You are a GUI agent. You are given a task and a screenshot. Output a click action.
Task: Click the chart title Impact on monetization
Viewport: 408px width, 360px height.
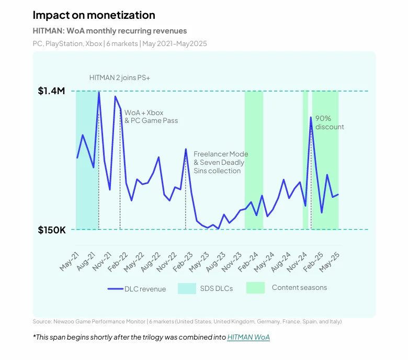click(94, 15)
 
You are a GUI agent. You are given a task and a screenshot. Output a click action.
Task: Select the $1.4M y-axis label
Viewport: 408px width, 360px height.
click(51, 91)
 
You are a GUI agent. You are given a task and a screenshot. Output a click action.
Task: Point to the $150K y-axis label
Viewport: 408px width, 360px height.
click(52, 230)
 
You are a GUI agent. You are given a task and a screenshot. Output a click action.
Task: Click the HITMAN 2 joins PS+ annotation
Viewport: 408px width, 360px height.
click(120, 78)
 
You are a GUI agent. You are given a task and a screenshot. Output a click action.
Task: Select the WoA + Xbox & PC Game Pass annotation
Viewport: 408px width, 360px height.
click(151, 116)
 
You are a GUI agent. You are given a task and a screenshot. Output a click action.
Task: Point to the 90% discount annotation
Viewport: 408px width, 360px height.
click(330, 123)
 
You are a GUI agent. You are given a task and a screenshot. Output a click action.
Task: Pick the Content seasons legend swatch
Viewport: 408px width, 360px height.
click(255, 288)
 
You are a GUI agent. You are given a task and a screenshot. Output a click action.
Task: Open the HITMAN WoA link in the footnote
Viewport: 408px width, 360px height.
click(248, 337)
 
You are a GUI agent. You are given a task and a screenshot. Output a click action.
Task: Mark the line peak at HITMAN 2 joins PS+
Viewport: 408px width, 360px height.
click(99, 93)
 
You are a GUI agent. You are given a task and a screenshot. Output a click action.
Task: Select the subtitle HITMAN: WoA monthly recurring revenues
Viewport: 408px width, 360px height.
click(109, 31)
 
